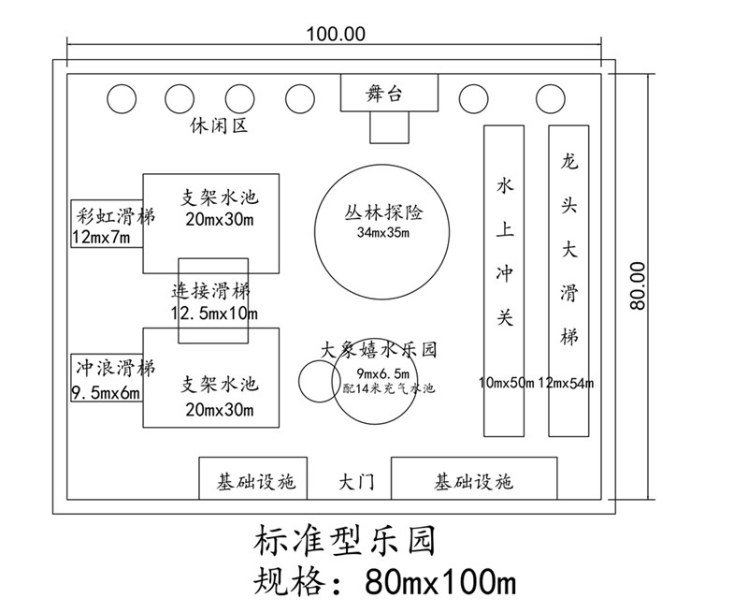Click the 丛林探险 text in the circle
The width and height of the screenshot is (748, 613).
382,213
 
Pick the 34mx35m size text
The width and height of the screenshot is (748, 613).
382,232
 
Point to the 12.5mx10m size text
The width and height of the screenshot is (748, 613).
214,312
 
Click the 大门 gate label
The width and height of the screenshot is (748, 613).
356,483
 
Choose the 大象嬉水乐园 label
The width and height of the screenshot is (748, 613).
379,350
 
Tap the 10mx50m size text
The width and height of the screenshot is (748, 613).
506,383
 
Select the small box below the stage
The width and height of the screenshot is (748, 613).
389,126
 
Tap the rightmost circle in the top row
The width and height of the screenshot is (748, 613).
548,97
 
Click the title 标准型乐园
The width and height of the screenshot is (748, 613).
342,542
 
